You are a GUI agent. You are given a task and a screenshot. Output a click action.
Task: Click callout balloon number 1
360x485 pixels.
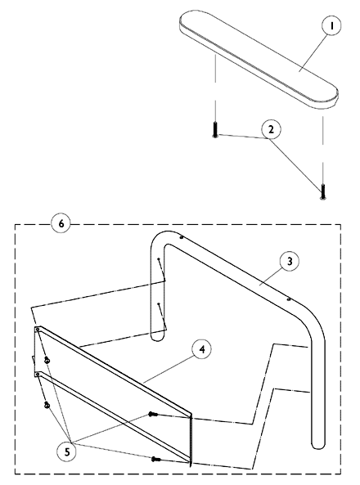(x=331, y=25)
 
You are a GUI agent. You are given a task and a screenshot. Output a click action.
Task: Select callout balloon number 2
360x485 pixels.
(x=271, y=129)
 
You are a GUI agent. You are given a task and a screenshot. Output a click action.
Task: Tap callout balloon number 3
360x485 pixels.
(x=290, y=262)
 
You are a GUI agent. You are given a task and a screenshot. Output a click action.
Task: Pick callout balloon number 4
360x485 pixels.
(x=202, y=349)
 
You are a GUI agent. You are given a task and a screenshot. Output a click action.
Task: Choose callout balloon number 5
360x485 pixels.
(x=67, y=452)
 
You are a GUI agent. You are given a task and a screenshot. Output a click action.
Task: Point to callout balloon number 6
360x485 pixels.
(x=61, y=223)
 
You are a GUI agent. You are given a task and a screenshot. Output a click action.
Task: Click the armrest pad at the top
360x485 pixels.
(x=259, y=60)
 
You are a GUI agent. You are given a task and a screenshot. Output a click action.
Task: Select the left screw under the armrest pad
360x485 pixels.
(x=215, y=130)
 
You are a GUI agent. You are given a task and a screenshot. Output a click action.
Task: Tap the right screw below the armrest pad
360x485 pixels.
(x=323, y=191)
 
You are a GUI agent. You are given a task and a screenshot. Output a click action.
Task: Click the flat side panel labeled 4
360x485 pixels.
(x=113, y=393)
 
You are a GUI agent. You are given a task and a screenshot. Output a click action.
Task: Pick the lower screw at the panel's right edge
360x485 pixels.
(x=156, y=460)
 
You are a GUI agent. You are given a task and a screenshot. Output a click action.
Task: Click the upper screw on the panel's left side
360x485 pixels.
(x=47, y=360)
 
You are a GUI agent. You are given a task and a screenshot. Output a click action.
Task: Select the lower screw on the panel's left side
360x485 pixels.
(x=47, y=405)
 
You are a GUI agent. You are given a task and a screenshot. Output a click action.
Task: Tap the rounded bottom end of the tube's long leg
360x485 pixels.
(x=318, y=445)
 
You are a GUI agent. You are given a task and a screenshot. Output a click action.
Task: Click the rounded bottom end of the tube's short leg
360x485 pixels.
(x=157, y=337)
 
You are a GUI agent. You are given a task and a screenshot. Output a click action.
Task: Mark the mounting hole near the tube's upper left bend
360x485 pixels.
(x=182, y=237)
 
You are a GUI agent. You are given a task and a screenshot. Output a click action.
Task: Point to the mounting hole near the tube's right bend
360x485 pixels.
(x=289, y=299)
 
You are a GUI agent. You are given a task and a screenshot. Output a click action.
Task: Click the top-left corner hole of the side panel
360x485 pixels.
(x=38, y=330)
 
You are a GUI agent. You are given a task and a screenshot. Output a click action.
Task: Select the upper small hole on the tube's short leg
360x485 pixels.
(x=159, y=258)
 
